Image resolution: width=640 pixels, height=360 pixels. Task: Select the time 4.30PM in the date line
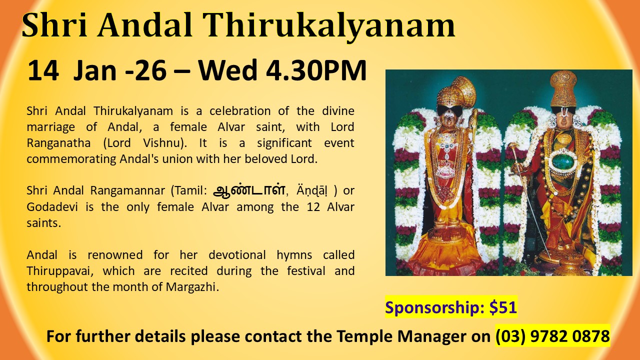coord(316,70)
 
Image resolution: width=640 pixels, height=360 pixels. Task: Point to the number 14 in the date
coord(43,70)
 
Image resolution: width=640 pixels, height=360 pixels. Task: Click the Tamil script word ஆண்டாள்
coord(249,190)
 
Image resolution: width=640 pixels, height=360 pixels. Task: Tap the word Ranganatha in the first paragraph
coord(58,143)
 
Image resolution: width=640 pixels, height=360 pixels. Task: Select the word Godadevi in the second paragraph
coord(52,206)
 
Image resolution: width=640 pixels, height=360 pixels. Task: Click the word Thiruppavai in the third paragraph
coord(60,271)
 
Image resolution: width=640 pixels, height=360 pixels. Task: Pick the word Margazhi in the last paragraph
coord(192,287)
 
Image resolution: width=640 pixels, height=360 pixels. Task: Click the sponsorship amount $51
coord(503,307)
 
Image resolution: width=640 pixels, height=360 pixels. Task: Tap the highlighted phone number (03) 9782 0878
coord(552,336)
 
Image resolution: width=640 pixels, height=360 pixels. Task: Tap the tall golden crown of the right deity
coord(563,88)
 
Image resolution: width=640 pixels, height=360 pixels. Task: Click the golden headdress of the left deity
coord(456,93)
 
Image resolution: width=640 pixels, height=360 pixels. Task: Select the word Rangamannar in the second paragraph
coord(127,190)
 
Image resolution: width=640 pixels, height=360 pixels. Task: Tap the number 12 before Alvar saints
coord(313,207)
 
